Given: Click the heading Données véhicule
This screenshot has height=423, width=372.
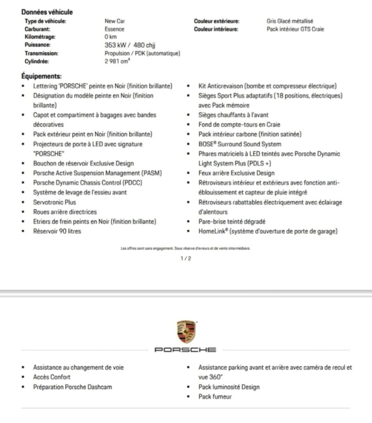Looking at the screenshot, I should coord(47,12).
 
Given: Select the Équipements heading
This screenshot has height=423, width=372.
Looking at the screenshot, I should coord(41,76).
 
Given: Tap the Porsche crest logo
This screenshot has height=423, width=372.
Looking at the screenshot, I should coord(186,331).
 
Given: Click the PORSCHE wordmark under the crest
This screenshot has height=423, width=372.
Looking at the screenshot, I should coord(186,350).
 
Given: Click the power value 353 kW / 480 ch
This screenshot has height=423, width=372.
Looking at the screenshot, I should coord(130,45).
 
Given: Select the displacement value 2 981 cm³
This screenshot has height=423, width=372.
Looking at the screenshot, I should coord(117,61).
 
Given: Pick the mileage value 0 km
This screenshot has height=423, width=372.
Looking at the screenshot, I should coord(111,37).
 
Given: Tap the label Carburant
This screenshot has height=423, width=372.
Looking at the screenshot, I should coord(37,29).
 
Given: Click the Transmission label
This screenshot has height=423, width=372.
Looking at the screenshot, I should coord(41,53).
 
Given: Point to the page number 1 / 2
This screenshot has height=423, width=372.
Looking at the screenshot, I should coord(186,259).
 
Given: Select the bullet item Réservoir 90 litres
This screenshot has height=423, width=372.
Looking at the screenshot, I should coord(57,231).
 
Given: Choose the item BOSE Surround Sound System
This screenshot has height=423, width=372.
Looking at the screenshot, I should coord(240,144).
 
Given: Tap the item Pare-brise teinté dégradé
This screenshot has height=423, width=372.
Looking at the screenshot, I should coord(232,222).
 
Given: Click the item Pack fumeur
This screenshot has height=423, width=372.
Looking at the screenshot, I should coord(215,397).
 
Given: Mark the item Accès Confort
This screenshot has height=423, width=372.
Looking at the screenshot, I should coord(52,377).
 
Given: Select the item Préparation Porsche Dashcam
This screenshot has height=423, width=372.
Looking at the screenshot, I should coord(72,387).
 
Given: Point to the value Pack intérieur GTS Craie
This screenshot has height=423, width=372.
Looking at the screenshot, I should coord(295,29).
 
